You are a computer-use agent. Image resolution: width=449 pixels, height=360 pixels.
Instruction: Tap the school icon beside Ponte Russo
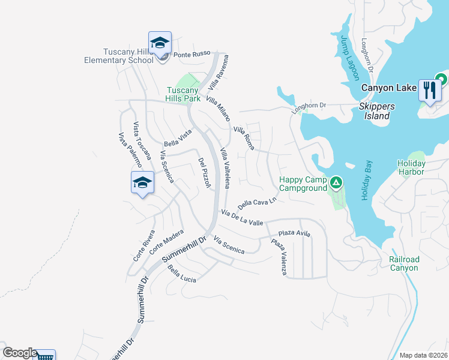(160, 43)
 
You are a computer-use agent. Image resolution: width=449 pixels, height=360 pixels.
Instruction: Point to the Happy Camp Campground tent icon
(336, 181)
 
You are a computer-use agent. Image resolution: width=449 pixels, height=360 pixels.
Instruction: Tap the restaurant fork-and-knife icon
(429, 90)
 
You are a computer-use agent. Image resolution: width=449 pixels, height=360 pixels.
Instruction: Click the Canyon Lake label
(388, 88)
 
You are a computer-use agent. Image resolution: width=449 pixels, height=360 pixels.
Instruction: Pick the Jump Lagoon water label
(349, 58)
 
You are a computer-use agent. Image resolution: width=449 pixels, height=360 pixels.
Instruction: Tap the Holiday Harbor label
(411, 167)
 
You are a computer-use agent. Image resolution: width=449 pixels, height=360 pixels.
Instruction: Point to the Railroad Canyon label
(404, 263)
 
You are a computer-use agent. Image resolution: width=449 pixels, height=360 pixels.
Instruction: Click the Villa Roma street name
(244, 138)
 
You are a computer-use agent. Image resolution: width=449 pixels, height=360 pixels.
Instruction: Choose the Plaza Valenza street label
(279, 257)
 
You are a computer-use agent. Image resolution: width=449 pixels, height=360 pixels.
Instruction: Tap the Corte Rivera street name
(144, 245)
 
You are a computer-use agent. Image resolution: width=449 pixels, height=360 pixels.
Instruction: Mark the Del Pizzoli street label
(204, 173)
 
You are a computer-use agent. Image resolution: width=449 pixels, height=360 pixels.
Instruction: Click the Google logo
(19, 353)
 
